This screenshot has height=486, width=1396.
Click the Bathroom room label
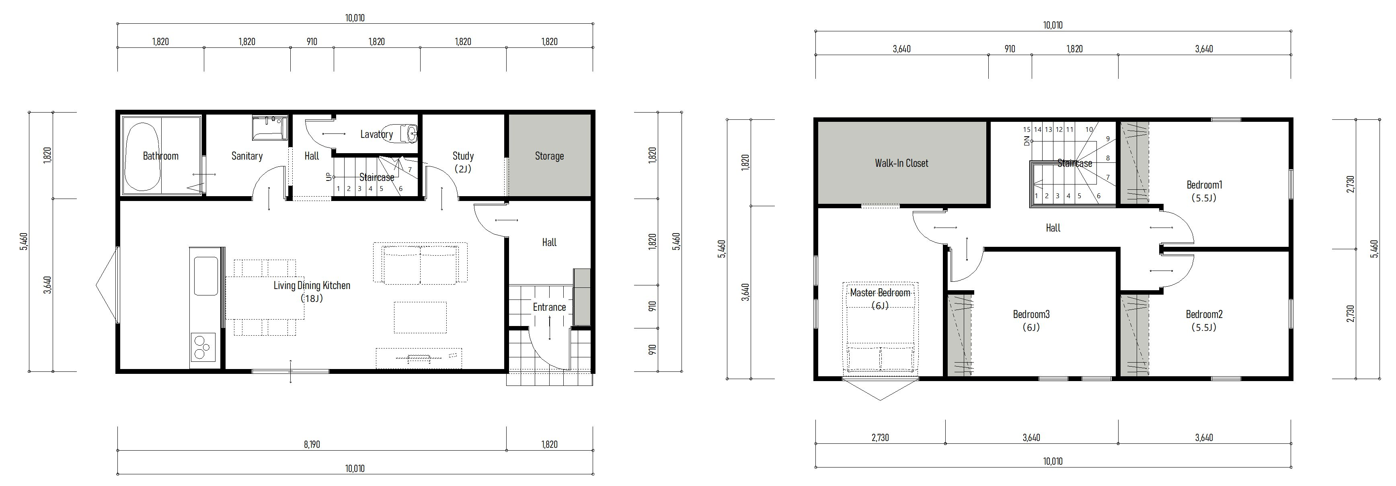click(x=160, y=156)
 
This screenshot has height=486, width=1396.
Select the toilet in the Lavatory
click(x=408, y=133)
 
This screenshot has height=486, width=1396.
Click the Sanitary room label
click(x=247, y=156)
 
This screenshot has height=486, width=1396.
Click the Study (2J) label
click(x=463, y=162)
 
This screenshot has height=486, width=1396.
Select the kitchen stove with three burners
click(x=203, y=347)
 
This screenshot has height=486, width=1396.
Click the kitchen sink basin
click(x=205, y=276)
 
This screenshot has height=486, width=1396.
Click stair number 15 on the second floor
click(x=1026, y=129)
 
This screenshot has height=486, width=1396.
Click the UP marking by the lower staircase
click(x=328, y=176)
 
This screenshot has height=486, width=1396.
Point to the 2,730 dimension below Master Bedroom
click(x=880, y=438)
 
